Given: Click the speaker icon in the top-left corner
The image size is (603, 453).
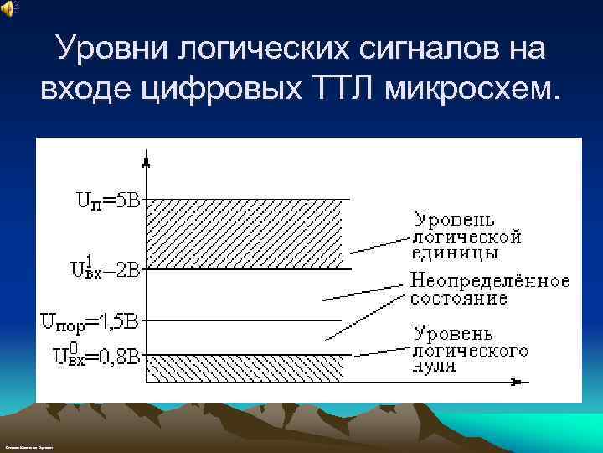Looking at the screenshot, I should pos(8,8).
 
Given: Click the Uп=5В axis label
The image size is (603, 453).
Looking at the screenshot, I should pos(110,200).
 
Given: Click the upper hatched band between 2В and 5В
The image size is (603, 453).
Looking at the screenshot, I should pos(243,234).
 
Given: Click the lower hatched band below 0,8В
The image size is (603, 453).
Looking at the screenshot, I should pos(243,368).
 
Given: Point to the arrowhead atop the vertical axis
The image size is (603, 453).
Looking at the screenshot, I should pos(147,159).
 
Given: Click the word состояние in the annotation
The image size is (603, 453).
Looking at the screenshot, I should pos(458,298).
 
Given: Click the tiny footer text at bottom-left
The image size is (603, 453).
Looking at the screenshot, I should pos(28,450).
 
